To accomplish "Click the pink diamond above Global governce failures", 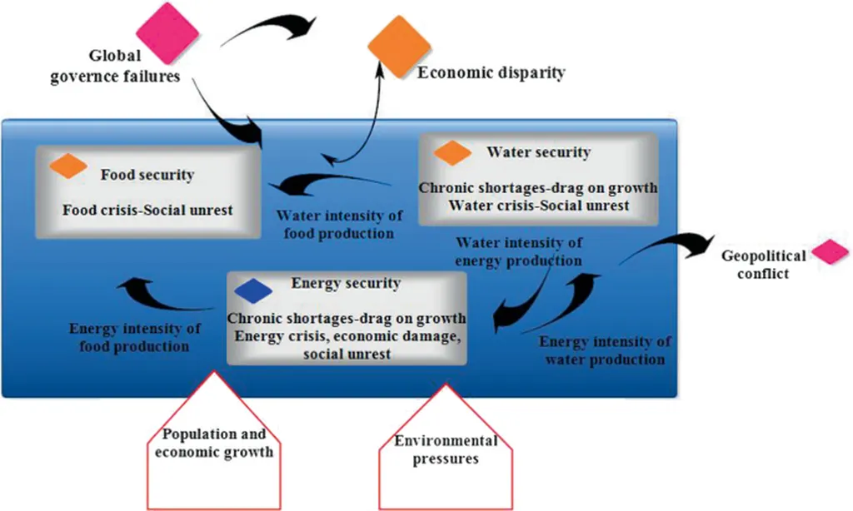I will pyautogui.click(x=167, y=33).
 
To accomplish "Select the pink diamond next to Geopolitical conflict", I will pyautogui.click(x=830, y=253).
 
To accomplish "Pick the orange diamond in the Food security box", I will pyautogui.click(x=68, y=166).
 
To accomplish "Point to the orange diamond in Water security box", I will pyautogui.click(x=453, y=153).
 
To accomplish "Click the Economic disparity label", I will pyautogui.click(x=491, y=73).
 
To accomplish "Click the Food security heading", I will pyautogui.click(x=147, y=176).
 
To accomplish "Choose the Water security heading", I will pyautogui.click(x=538, y=152).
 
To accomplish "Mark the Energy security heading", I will pyautogui.click(x=345, y=283).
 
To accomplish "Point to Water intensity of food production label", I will pyautogui.click(x=339, y=225).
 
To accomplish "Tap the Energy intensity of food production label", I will pyautogui.click(x=128, y=337).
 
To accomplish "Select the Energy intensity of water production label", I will pyautogui.click(x=605, y=350).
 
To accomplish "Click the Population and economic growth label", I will pyautogui.click(x=214, y=443).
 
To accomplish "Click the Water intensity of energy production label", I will pyautogui.click(x=518, y=251).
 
